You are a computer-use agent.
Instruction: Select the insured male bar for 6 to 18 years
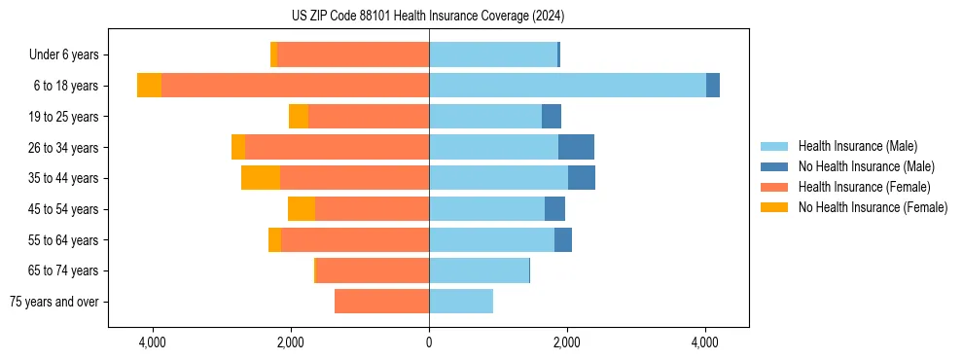pos(567,86)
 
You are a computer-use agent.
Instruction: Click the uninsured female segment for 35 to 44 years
pos(261,178)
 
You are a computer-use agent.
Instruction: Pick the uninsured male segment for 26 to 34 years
pos(576,147)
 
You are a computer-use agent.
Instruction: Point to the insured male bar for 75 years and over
pos(461,302)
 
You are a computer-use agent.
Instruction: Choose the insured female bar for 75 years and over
pos(381,302)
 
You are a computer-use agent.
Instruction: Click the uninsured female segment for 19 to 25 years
pos(299,117)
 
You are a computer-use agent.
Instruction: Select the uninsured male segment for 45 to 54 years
pos(554,209)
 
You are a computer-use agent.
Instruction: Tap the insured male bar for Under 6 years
pos(493,54)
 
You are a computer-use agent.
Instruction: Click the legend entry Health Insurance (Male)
pos(857,146)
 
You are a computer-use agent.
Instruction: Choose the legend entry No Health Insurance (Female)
pos(873,207)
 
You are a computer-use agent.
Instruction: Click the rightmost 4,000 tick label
pos(705,342)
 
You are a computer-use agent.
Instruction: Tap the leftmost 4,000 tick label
pos(153,342)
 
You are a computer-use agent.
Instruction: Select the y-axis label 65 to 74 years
pos(63,270)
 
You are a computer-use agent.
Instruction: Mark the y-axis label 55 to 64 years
pos(63,240)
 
